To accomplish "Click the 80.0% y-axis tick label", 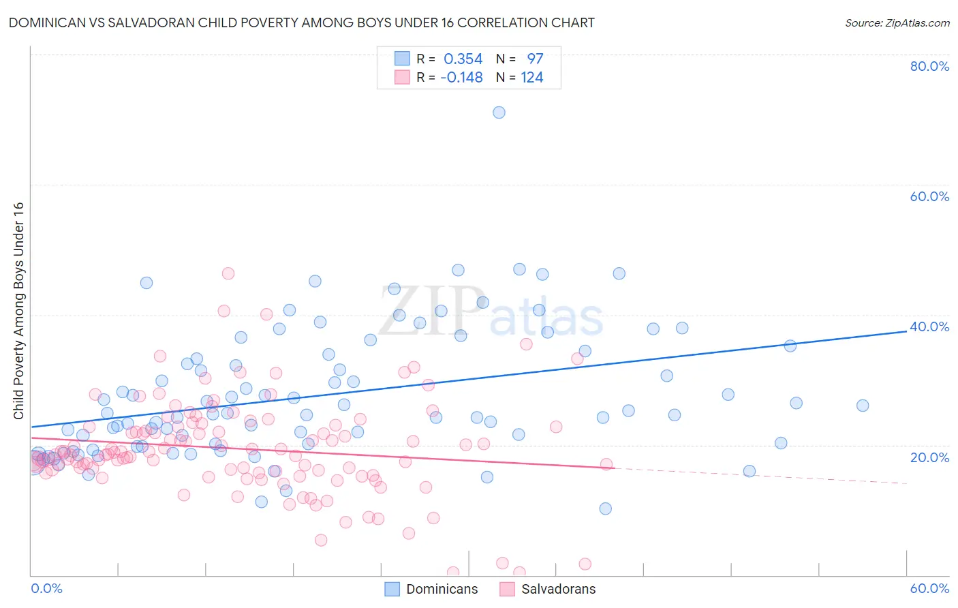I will [929, 66].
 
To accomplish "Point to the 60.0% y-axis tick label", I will [929, 196].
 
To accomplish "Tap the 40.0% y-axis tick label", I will [929, 326].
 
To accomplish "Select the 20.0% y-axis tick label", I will [929, 457].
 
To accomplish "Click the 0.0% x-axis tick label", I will [46, 588].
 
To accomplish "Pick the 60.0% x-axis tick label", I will [929, 588].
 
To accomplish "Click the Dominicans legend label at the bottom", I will [442, 589].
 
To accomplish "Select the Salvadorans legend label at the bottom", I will [559, 589].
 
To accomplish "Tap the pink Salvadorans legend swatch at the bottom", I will [507, 589].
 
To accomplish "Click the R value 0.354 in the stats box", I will [463, 59].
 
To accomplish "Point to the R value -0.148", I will [461, 78].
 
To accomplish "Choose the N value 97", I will [535, 59].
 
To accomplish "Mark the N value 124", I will [532, 78].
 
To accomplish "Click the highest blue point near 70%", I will [499, 112].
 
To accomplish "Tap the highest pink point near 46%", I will [228, 273].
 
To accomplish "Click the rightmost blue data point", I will [863, 406].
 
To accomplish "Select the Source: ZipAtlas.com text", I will [897, 23].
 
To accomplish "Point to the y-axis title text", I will [18, 311].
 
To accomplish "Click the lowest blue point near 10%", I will [605, 508].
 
